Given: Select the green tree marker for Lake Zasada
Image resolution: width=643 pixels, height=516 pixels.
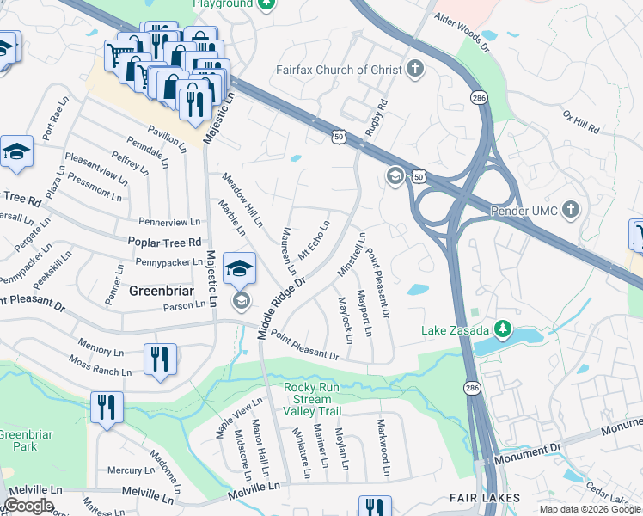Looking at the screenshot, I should [505, 330].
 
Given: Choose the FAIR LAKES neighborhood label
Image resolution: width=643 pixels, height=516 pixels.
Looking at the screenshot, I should [485, 498].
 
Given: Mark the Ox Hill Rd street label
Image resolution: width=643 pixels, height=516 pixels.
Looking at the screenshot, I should [580, 121].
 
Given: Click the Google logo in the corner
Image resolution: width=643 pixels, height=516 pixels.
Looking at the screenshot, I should [28, 506].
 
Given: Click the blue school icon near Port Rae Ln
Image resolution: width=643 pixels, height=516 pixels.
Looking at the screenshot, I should [16, 151].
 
